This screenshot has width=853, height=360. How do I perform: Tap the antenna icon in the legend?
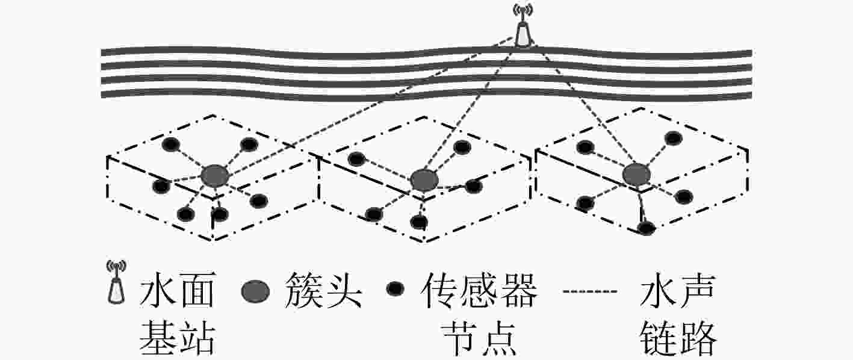tap(117, 282)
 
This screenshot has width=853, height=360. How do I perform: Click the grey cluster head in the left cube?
tap(215, 176)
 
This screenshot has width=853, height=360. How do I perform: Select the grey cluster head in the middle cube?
tap(424, 180)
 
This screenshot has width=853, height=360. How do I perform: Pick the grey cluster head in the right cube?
tap(636, 175)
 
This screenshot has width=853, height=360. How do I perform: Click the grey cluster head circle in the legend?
tap(255, 291)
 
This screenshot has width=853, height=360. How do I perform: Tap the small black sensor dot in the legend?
tap(395, 288)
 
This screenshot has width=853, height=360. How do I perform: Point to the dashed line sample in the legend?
tap(590, 291)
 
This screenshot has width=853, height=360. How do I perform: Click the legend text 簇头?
tap(323, 290)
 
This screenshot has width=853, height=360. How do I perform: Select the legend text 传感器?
tap(479, 290)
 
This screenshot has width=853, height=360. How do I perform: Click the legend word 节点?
tap(479, 338)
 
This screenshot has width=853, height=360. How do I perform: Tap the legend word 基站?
tap(178, 338)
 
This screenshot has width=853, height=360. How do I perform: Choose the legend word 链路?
tap(678, 338)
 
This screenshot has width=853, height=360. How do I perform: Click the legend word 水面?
tap(178, 290)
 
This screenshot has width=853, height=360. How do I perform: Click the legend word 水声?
tap(678, 290)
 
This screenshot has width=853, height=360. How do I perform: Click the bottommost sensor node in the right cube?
tap(647, 228)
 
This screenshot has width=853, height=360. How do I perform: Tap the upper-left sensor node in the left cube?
tap(171, 144)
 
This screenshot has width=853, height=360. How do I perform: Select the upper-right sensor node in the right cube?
tap(673, 138)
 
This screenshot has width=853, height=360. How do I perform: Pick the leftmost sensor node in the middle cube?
tap(357, 159)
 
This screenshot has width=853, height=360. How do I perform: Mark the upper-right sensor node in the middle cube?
tap(462, 147)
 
